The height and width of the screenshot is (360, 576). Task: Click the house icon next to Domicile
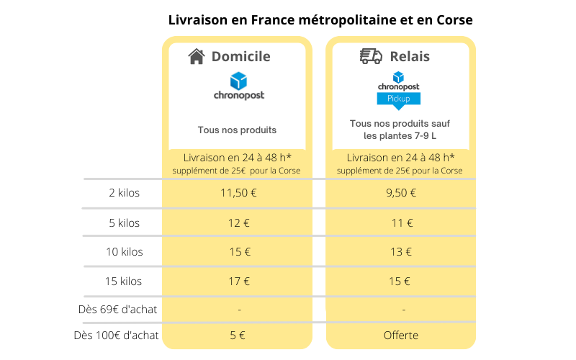[196, 57]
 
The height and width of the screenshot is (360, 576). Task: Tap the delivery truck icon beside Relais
[370, 56]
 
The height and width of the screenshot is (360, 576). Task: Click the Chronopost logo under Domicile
[238, 86]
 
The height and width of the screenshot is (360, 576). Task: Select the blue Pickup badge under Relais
[398, 98]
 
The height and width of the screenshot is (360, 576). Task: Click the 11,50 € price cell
[238, 192]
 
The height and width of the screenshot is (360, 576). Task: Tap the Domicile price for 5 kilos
[238, 222]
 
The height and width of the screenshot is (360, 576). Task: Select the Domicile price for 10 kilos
[238, 252]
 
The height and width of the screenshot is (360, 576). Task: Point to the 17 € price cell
[238, 282]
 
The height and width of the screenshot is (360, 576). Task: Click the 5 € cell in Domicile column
[238, 335]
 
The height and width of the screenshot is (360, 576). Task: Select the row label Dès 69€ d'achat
[117, 310]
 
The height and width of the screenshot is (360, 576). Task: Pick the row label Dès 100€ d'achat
[116, 335]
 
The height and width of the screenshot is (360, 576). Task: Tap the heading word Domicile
[240, 56]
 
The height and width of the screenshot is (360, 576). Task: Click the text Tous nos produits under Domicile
[238, 130]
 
